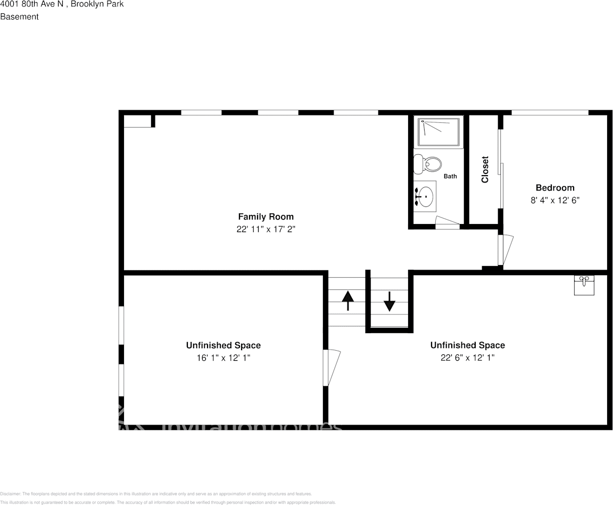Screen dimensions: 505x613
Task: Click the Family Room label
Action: point(266,217)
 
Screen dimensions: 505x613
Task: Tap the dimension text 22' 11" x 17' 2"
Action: point(266,229)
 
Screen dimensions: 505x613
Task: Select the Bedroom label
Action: point(555,187)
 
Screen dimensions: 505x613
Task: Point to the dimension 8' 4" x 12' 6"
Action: point(555,201)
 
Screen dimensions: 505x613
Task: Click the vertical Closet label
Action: point(485,169)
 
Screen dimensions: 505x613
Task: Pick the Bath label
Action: point(450,176)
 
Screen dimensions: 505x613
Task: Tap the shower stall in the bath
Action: point(439,132)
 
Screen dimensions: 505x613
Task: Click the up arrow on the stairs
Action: point(347,301)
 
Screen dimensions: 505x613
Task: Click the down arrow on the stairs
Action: point(390,301)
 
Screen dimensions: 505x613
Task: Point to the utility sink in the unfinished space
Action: point(584,285)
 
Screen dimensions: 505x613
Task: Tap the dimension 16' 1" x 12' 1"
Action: point(223,358)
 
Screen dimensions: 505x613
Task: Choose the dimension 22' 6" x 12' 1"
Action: point(468,358)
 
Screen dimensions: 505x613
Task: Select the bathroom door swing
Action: point(447,222)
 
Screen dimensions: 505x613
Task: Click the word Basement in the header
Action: point(20,16)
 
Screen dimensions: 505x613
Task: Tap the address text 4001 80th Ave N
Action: point(32,4)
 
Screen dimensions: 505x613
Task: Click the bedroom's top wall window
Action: point(550,112)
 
